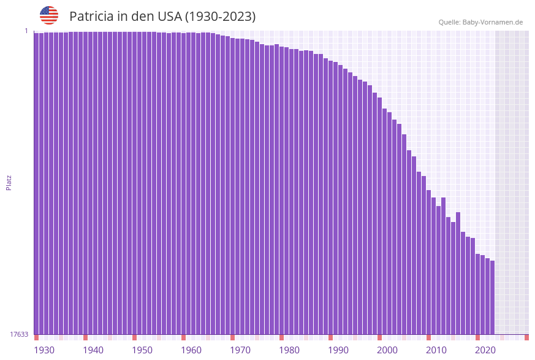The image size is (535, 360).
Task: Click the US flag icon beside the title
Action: (49, 15)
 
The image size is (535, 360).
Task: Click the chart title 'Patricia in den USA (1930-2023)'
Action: (162, 17)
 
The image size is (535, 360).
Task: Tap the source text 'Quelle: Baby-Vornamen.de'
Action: (480, 22)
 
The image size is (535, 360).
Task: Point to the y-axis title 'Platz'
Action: (9, 182)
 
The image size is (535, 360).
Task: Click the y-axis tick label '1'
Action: (26, 31)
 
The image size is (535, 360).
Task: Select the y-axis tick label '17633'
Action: (19, 334)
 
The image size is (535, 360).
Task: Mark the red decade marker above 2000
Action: (380, 337)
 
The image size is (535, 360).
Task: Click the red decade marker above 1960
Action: (183, 337)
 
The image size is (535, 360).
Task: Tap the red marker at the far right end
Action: (526, 337)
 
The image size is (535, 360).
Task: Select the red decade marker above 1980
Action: (281, 337)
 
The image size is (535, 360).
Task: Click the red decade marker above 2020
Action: (477, 337)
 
